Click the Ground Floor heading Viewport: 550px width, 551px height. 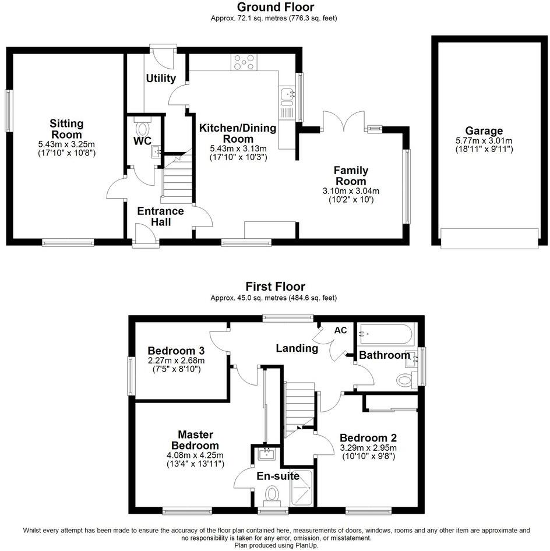click(275, 8)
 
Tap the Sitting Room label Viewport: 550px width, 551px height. click(66, 128)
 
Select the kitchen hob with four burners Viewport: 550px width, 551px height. click(245, 62)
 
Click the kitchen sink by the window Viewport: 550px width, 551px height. click(287, 94)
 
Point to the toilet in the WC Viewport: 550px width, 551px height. click(142, 128)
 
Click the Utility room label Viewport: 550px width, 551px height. click(161, 78)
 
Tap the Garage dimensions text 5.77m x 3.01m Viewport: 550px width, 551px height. click(484, 140)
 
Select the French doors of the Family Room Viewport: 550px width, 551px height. click(345, 122)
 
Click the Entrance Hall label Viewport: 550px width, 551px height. click(160, 216)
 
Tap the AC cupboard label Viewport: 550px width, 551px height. click(340, 330)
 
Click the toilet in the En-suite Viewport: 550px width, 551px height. click(271, 495)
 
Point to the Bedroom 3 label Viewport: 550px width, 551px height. click(176, 351)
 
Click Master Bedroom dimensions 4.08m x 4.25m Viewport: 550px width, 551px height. click(195, 455)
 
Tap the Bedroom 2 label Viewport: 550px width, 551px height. click(368, 438)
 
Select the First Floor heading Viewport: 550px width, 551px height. click(275, 287)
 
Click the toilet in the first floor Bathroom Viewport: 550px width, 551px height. click(404, 381)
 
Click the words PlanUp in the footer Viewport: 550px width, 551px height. click(302, 545)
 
